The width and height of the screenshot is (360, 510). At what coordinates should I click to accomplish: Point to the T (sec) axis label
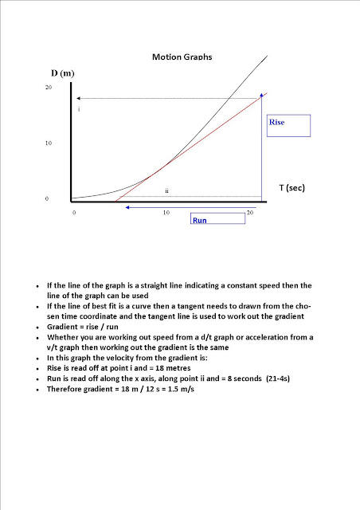(293, 187)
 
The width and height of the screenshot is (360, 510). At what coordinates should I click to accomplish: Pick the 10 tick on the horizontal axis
(166, 213)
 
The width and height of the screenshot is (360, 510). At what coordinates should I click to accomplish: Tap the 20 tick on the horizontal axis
(249, 213)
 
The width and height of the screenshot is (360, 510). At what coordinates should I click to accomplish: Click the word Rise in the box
(276, 123)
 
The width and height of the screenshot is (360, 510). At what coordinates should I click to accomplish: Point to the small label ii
(166, 191)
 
